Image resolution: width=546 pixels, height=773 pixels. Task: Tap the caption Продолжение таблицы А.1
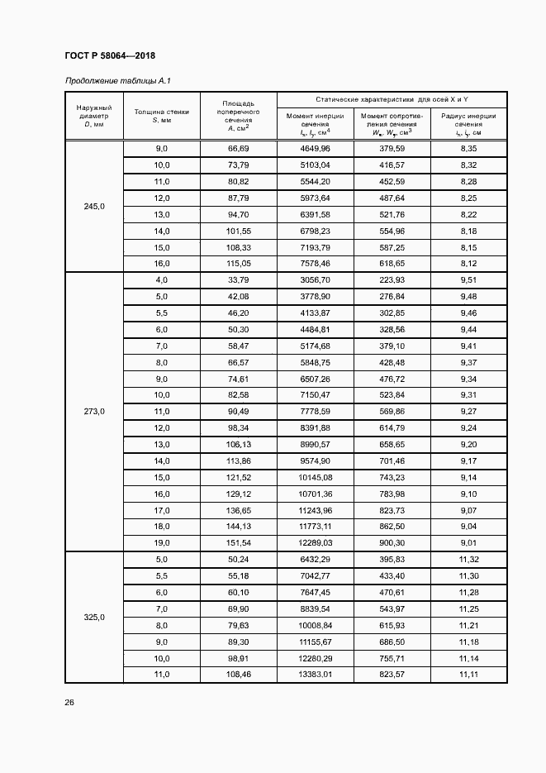click(116, 80)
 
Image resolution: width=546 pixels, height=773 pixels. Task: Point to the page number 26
click(69, 702)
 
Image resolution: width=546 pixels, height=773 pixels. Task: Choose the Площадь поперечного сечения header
click(238, 116)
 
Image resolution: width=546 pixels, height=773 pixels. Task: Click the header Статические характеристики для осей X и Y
click(391, 99)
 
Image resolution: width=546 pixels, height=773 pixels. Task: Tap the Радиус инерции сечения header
click(468, 124)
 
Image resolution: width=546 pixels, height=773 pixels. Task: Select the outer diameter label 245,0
click(94, 206)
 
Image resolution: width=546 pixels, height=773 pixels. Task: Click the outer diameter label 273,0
click(94, 410)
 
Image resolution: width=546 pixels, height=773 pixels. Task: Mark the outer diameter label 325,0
click(94, 617)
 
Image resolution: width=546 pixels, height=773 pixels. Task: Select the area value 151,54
click(238, 542)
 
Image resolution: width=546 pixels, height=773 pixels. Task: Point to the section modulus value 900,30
click(392, 542)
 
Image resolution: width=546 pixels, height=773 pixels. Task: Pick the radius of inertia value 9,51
click(468, 280)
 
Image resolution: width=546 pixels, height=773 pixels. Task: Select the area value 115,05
click(238, 263)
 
